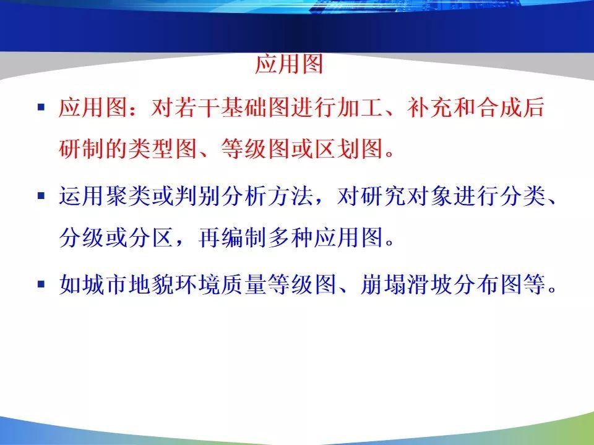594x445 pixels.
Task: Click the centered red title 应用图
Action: point(289,64)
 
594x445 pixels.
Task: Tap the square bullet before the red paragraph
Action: point(41,107)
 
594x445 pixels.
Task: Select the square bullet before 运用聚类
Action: point(41,196)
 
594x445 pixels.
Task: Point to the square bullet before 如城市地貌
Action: point(41,284)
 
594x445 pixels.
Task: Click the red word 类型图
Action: point(163,148)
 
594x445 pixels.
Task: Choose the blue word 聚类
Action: point(128,196)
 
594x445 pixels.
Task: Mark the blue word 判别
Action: point(198,196)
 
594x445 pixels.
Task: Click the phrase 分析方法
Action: point(267,196)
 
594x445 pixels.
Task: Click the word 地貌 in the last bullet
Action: point(151,284)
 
